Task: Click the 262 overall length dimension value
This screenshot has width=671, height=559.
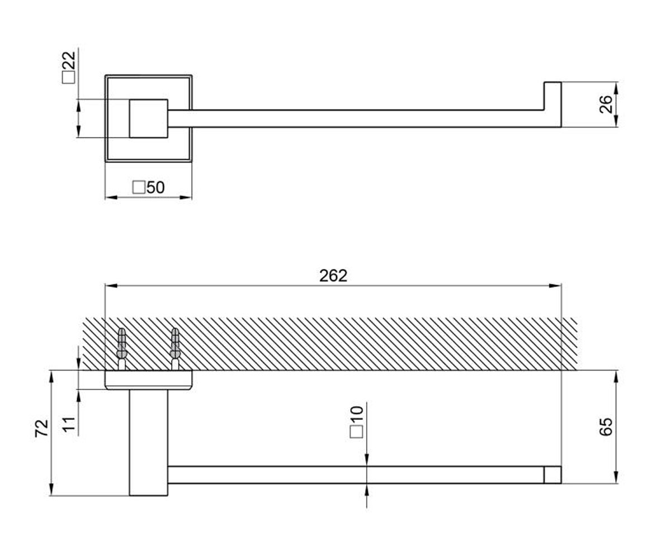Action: point(333,276)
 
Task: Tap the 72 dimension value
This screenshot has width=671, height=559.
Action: point(42,428)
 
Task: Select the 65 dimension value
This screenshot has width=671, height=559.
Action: point(606,427)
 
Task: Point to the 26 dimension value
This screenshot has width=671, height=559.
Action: point(606,105)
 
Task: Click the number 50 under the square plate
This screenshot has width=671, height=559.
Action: point(155,187)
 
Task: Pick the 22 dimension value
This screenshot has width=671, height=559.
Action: point(69,60)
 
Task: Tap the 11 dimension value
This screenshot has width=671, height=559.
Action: point(69,425)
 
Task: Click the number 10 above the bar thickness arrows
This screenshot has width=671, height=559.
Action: point(357,415)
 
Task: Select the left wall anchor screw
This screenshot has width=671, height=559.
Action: point(122,349)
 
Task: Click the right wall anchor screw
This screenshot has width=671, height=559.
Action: point(175,349)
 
